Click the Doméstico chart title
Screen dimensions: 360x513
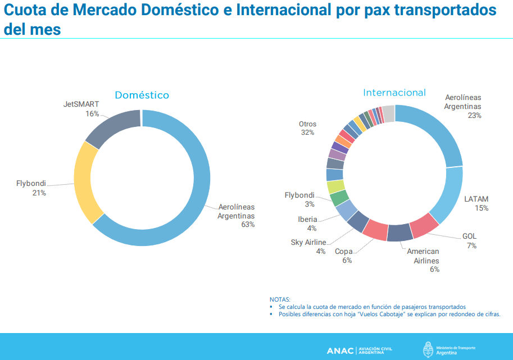[x=142, y=95]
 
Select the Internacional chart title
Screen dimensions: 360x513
[x=394, y=93]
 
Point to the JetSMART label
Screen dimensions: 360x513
[x=81, y=104]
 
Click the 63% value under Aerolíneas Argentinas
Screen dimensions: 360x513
[x=248, y=225]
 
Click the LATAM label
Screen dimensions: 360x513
[x=476, y=199]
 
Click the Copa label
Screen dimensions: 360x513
[x=343, y=252]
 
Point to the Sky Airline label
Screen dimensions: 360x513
[x=308, y=242]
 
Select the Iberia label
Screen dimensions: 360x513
[x=307, y=219]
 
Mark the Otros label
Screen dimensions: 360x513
[x=307, y=124]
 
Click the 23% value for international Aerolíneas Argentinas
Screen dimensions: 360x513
[x=474, y=115]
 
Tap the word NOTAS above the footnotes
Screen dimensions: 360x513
[x=280, y=299]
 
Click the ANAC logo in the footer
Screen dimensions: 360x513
[x=339, y=350]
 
